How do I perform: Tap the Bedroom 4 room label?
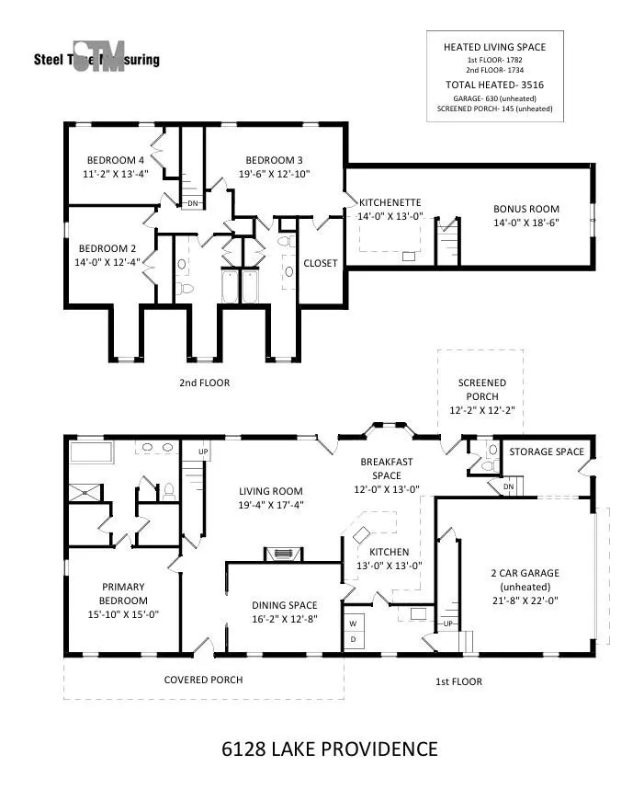coord(116,160)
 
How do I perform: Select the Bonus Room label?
coord(526,209)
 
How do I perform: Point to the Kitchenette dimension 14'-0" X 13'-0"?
coord(390,216)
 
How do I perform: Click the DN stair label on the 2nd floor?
coord(192,203)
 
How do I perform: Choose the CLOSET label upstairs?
coord(321,263)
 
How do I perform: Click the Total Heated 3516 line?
coord(494,85)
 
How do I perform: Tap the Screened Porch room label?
coord(482,389)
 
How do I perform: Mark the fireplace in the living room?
coord(284,555)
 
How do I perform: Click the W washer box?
coord(354,623)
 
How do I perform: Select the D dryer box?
coord(354,640)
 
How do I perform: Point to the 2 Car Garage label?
coord(525,573)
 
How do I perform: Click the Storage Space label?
coord(547,452)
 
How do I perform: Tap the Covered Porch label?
coord(203,680)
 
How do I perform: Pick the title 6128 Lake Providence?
coord(330,749)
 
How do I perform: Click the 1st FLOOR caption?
coord(458,681)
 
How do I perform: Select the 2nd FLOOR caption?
coord(204,383)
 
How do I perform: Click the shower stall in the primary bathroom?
coord(86,493)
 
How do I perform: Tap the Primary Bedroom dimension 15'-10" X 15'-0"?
coord(123,614)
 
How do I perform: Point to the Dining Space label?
coord(285,605)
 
